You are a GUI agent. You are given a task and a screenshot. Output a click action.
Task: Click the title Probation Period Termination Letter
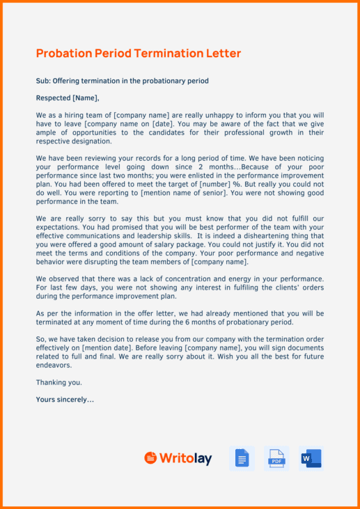pyautogui.click(x=138, y=54)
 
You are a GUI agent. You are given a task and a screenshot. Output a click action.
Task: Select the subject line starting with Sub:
pyautogui.click(x=122, y=81)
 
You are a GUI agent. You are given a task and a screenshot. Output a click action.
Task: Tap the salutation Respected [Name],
pyautogui.click(x=67, y=97)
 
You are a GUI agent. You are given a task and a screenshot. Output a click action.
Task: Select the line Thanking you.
pyautogui.click(x=58, y=382)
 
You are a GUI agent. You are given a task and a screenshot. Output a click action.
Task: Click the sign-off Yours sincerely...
pyautogui.click(x=64, y=399)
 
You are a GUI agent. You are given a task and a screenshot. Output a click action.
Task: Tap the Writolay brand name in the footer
pyautogui.click(x=185, y=458)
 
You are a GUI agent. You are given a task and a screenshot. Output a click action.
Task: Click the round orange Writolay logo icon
pyautogui.click(x=150, y=458)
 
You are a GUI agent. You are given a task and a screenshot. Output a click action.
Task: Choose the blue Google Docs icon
pyautogui.click(x=242, y=458)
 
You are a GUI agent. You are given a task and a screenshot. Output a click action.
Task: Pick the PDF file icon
pyautogui.click(x=276, y=458)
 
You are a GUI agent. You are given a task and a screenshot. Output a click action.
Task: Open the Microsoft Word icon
pyautogui.click(x=311, y=458)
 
